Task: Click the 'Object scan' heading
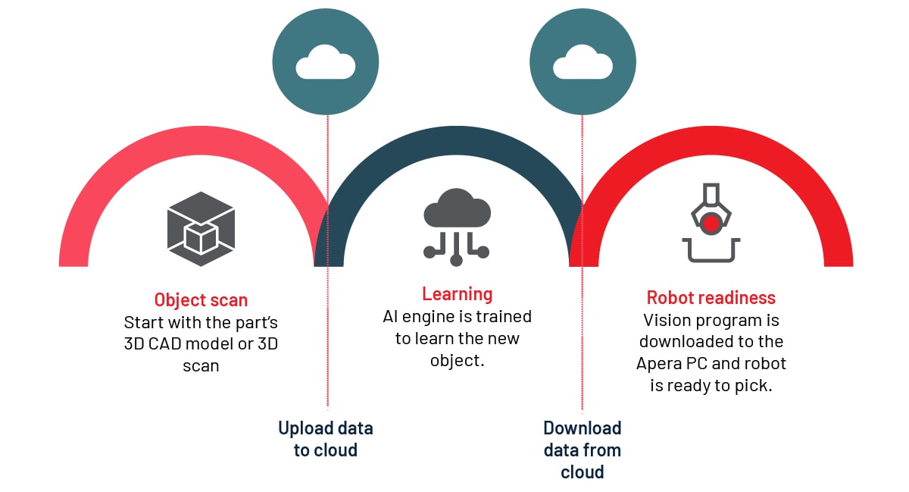201,299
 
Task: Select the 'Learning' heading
457,294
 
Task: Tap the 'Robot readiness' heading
711,298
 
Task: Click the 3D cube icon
201,229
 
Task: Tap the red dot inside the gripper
711,223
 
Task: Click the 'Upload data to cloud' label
326,439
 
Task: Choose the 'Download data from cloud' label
583,450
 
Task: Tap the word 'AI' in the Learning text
392,316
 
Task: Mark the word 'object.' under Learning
457,360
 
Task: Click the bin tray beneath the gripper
711,250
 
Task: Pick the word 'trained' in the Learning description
504,316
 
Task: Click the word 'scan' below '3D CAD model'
201,365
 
